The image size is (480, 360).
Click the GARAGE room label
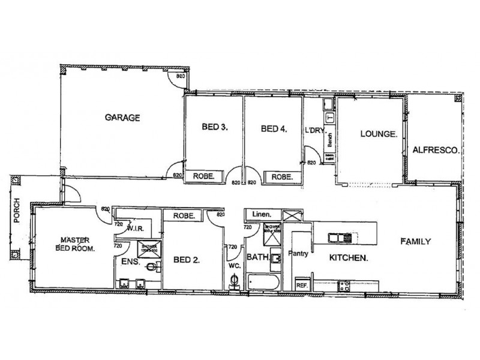coord(123,118)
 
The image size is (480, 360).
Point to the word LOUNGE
coord(376,134)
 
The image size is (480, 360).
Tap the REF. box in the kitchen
coord(302,285)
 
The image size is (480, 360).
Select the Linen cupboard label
coord(259,214)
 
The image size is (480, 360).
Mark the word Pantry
coord(298,254)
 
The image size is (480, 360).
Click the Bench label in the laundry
coord(329,139)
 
